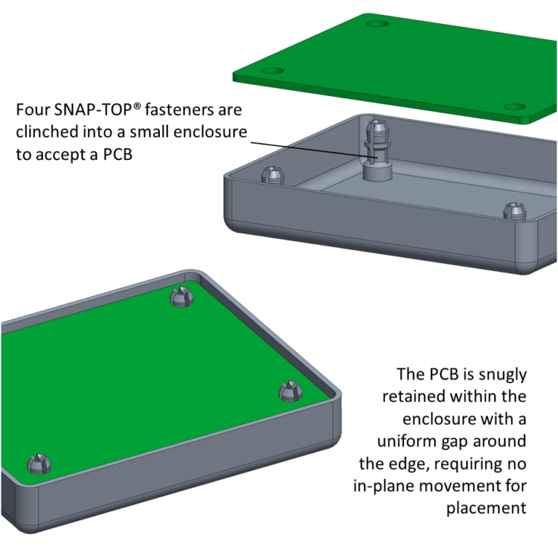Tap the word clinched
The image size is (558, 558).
(46, 132)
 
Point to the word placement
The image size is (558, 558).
(486, 508)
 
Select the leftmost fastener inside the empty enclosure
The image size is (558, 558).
(272, 176)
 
